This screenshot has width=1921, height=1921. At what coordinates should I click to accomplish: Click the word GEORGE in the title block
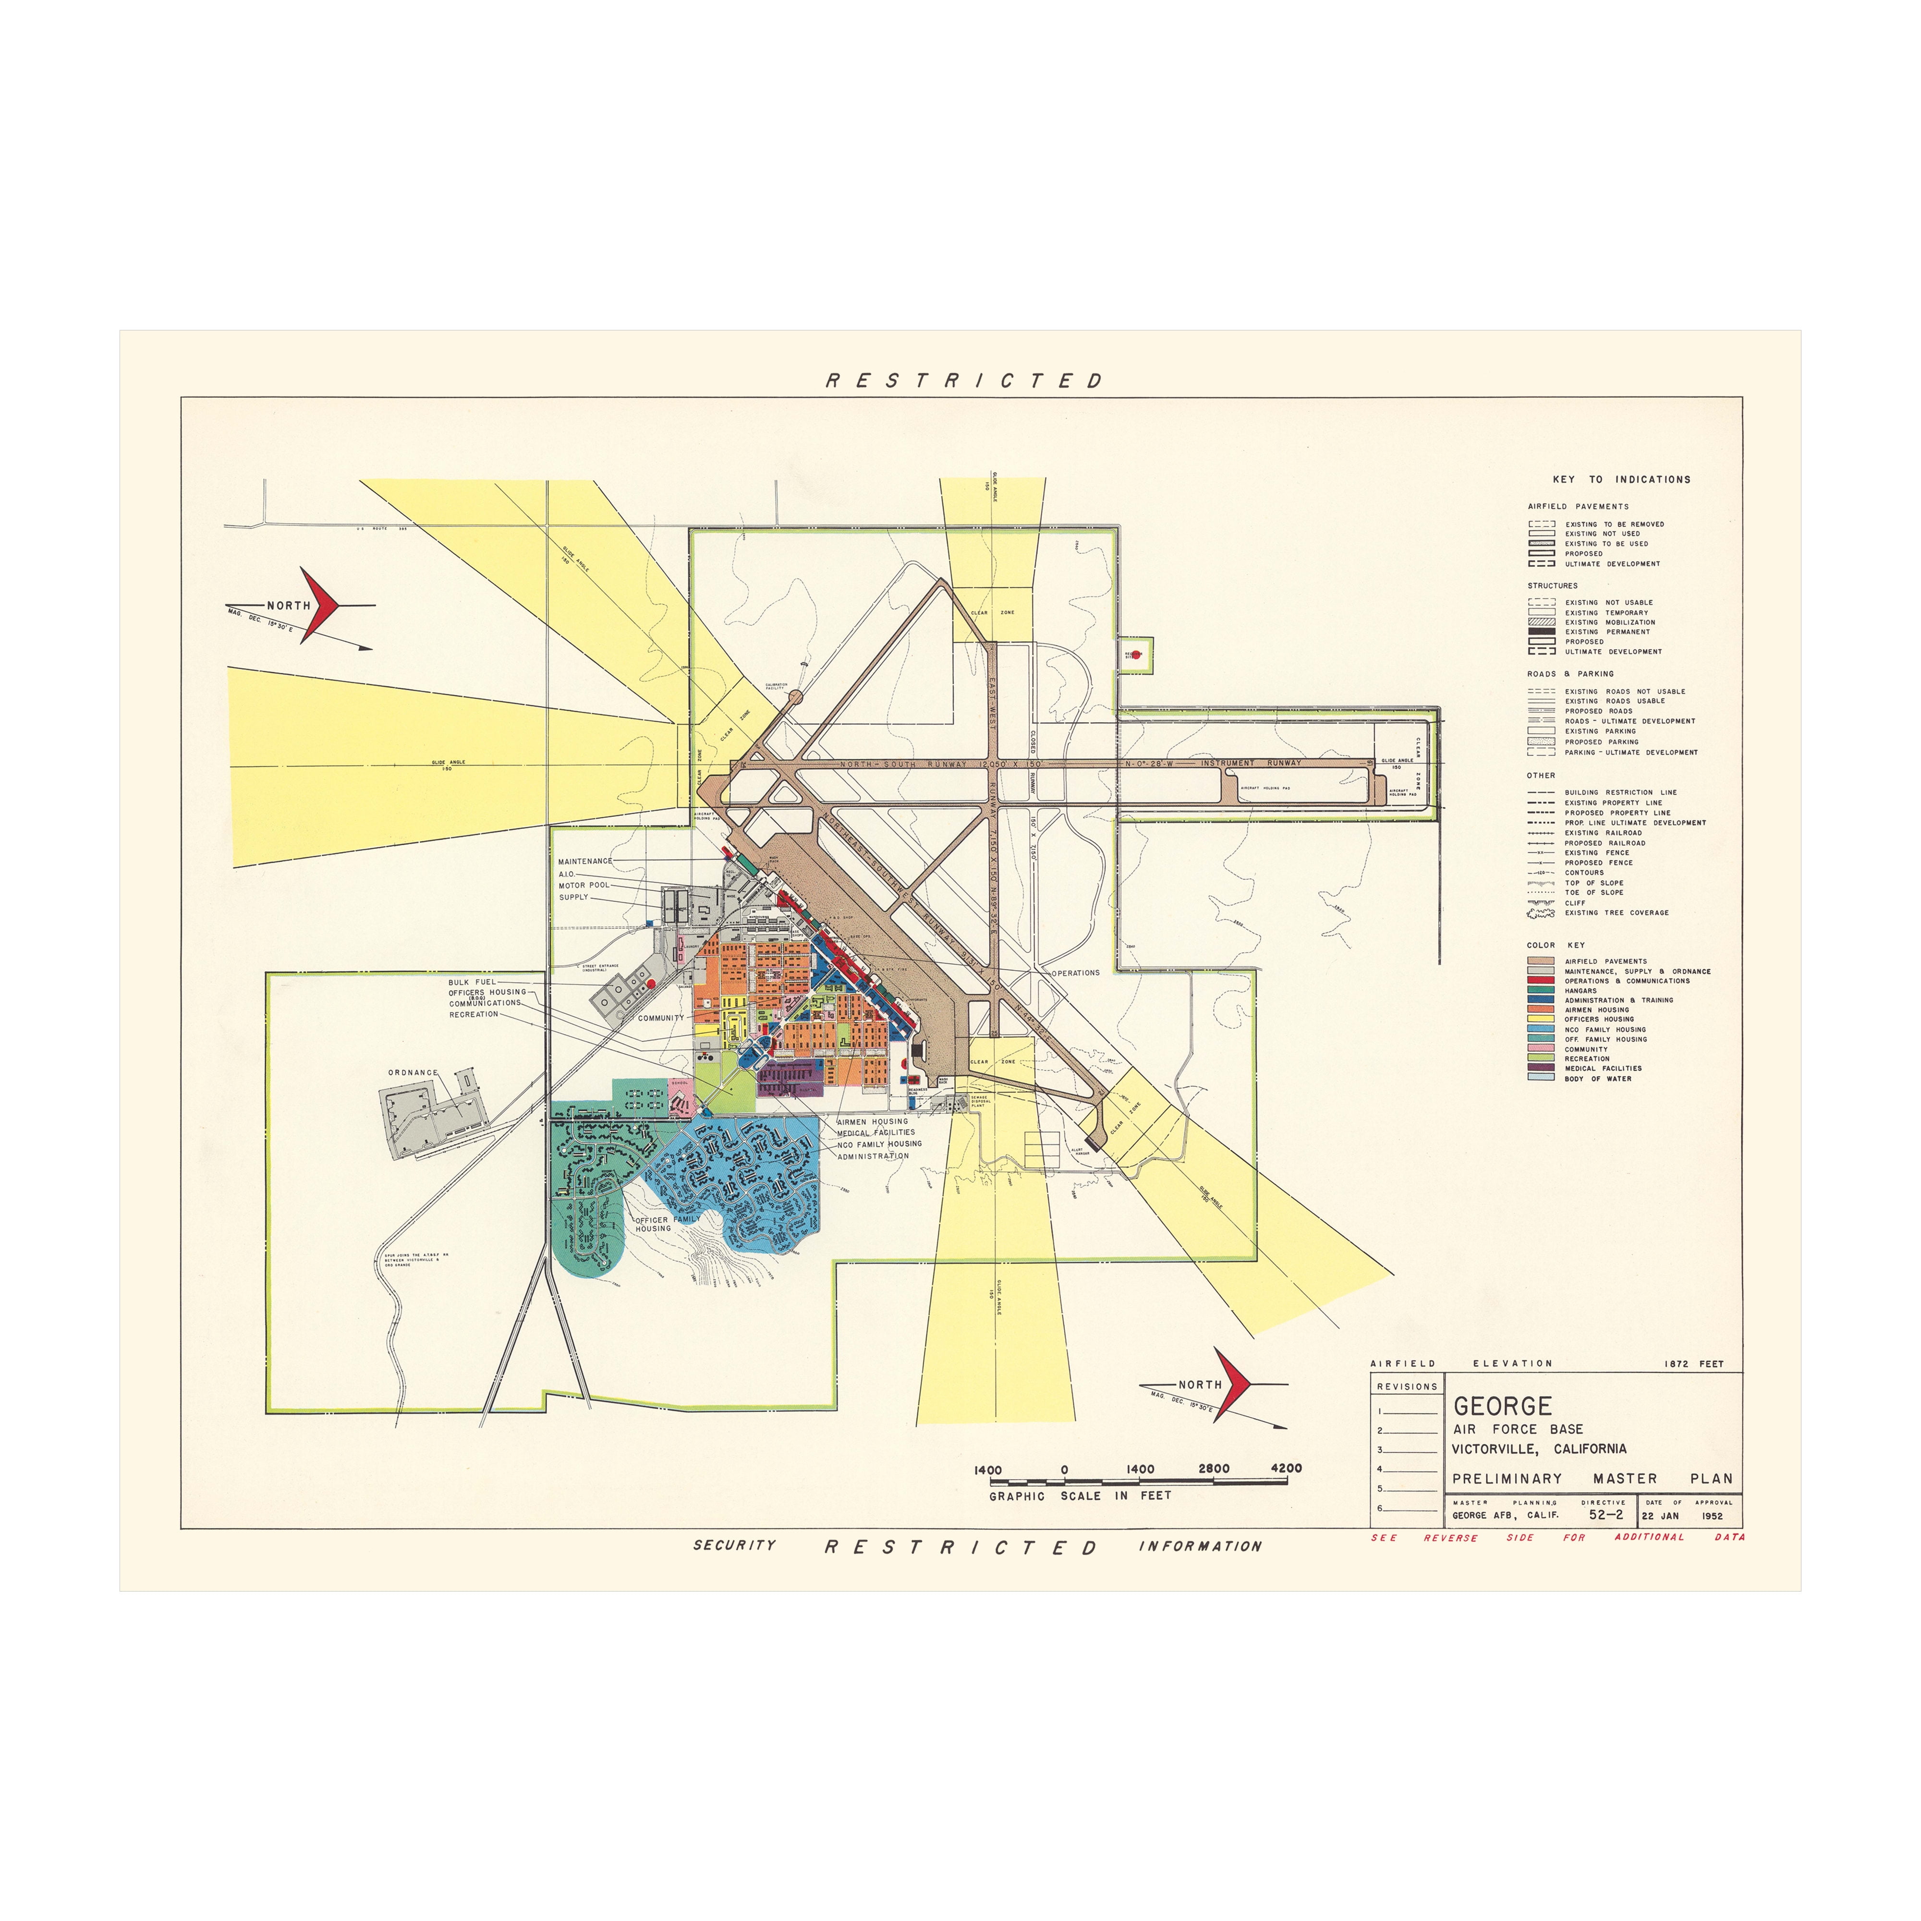1488,1406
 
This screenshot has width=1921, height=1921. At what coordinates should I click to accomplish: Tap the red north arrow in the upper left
321,605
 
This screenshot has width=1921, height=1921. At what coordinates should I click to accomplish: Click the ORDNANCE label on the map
413,1073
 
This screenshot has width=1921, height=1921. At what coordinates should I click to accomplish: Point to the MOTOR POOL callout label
584,885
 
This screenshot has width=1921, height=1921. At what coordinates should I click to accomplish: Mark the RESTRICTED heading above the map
964,381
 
